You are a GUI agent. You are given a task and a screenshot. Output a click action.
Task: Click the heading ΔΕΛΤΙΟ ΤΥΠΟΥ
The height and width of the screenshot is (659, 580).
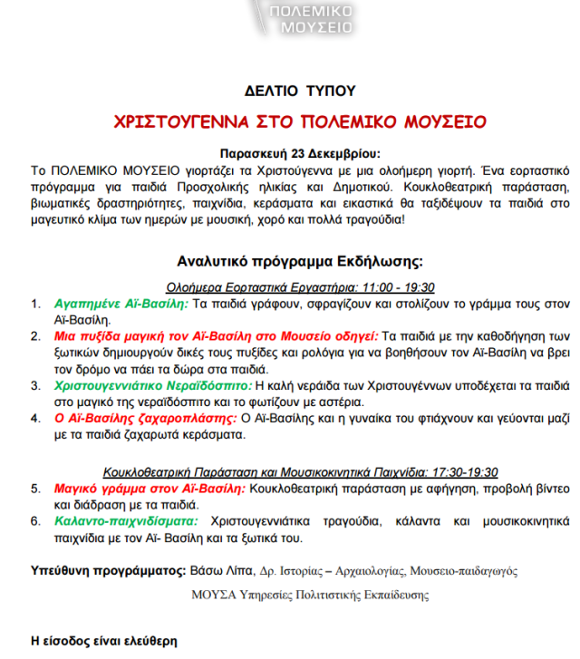tap(300, 91)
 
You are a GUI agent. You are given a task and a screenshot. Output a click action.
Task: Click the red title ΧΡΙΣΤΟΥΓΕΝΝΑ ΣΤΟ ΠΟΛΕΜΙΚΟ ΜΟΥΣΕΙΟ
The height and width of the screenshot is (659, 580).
tap(300, 121)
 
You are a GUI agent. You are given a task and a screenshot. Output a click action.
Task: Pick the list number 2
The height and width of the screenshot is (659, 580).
tap(35, 336)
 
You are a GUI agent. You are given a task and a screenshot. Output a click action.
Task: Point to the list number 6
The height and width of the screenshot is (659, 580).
tap(35, 521)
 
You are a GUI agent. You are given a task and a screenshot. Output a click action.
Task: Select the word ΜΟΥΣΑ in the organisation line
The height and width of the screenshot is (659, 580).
tap(213, 596)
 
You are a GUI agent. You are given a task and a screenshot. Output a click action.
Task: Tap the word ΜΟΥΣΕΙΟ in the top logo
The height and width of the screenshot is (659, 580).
tap(317, 27)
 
